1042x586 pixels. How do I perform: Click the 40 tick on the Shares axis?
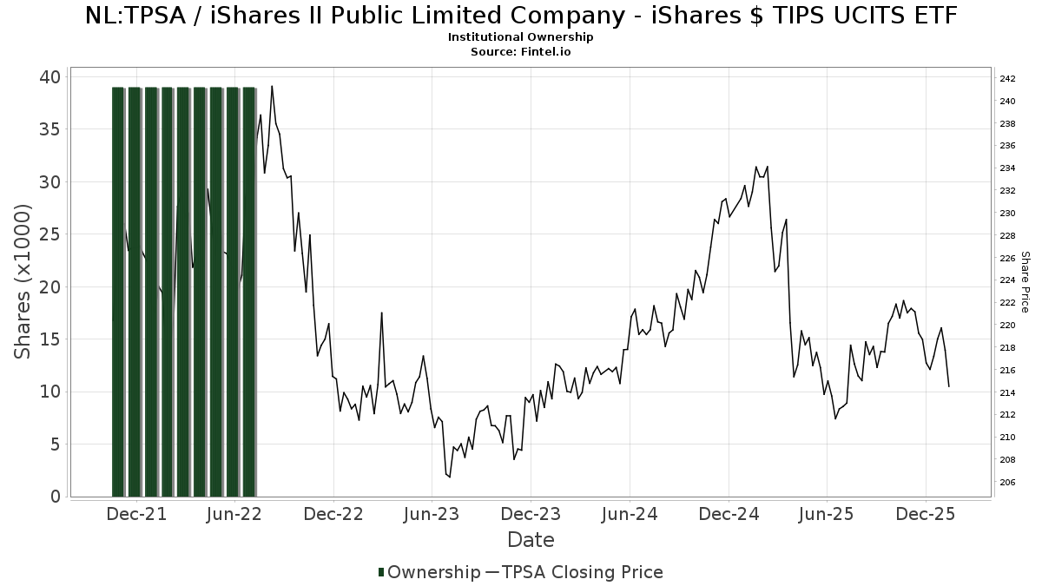coord(49,77)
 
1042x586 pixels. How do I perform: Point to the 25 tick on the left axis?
coord(49,234)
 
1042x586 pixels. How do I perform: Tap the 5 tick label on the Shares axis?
coord(54,444)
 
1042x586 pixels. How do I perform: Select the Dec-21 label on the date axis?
coord(137,514)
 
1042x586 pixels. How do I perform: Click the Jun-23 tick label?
coord(432,514)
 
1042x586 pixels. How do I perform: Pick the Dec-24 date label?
coord(729,514)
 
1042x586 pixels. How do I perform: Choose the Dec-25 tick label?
coord(926,514)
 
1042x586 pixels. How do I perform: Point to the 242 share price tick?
coord(1007,79)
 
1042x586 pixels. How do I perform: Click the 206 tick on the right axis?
coord(1007,483)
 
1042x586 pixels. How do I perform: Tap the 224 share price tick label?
coord(1007,280)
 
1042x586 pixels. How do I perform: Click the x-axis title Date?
coord(531,540)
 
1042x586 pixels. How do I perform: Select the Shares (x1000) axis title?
coord(23,281)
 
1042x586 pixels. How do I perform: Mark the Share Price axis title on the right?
coord(1026,281)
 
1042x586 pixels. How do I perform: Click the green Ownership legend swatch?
coord(381,572)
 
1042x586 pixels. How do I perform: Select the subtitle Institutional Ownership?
coord(521,37)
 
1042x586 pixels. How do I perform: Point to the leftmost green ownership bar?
coord(118,291)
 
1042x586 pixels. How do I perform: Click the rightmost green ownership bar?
coord(249,291)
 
